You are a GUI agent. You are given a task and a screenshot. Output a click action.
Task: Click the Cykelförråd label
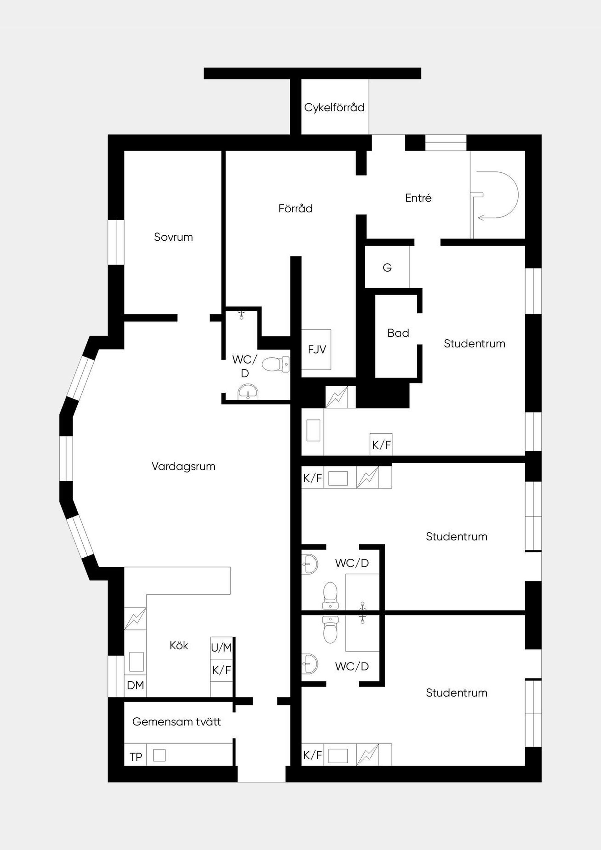pos(334,107)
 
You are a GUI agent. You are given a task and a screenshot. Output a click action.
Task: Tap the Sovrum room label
pos(173,237)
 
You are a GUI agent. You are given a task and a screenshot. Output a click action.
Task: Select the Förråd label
pos(295,208)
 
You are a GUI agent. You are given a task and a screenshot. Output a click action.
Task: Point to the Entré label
pos(419,198)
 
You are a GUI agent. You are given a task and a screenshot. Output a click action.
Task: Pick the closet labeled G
pos(387,267)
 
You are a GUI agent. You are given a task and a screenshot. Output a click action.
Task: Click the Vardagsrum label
pos(183,466)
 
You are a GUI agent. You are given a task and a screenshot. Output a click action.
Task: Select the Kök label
pos(179,646)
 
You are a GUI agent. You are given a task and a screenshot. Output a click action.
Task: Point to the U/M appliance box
pos(221,648)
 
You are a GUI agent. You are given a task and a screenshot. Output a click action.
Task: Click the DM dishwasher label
pos(135,685)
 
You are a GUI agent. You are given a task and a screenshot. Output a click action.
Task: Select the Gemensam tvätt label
pos(176,722)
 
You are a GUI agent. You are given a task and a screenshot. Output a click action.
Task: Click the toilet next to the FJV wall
pos(275,364)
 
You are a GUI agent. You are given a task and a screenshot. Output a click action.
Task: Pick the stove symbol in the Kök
pos(135,619)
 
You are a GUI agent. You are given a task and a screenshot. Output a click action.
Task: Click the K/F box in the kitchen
pos(221,670)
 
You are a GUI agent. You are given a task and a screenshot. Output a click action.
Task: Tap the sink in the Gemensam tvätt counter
pos(159,755)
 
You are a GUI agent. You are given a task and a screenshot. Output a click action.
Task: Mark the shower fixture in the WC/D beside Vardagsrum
pos(241,315)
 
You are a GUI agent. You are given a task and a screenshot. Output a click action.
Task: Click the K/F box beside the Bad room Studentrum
pos(381,445)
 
